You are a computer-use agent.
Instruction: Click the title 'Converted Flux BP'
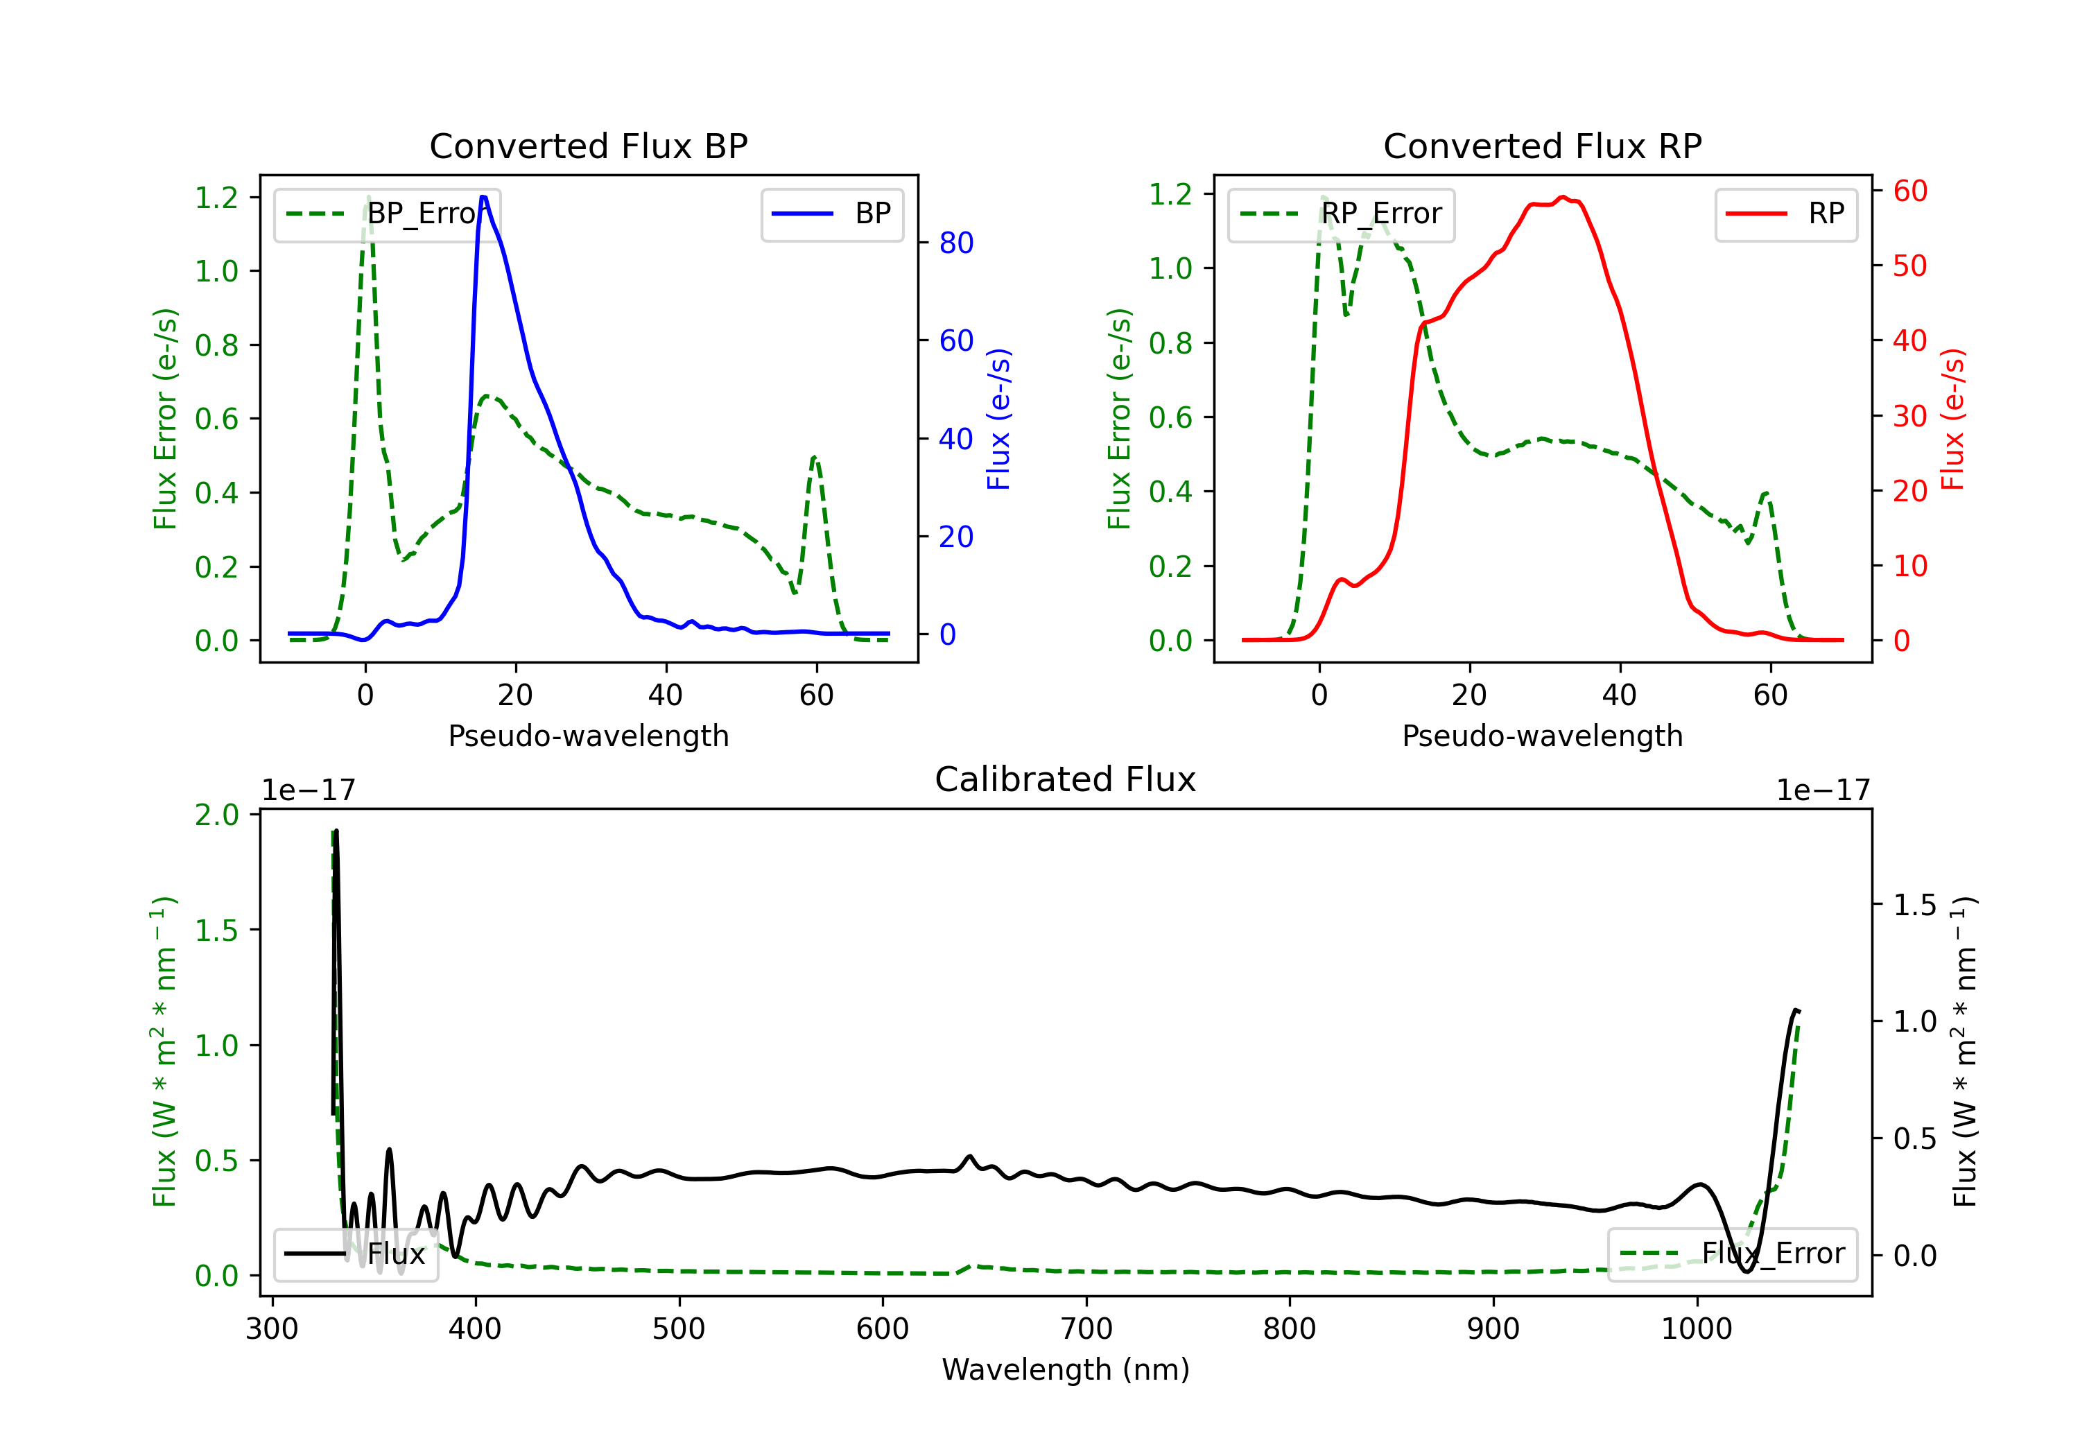click(x=588, y=146)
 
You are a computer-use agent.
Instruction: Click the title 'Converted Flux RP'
click(x=1542, y=146)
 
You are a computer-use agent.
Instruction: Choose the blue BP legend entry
click(x=833, y=214)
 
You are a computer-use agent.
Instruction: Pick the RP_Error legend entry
click(x=1342, y=214)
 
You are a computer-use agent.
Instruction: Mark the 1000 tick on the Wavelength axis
click(x=1696, y=1329)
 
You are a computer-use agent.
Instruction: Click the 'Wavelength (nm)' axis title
click(x=1066, y=1369)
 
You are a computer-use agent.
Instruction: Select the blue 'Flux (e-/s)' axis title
click(x=998, y=419)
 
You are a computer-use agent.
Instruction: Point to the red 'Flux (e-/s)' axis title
click(x=1952, y=419)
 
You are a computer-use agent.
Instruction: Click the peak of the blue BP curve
click(x=484, y=197)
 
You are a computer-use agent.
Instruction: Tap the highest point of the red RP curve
click(x=1563, y=197)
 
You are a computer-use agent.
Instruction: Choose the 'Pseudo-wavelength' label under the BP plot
click(x=588, y=736)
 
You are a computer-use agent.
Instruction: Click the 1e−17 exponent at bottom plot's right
click(x=1823, y=790)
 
